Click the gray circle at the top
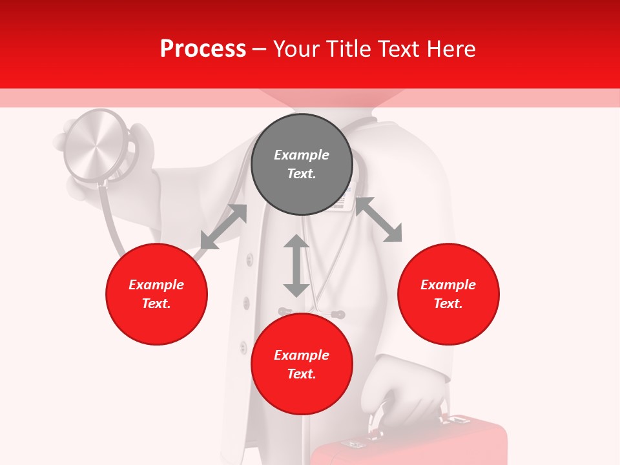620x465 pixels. [302, 165]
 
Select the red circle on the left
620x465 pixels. [156, 294]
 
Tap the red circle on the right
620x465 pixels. [448, 294]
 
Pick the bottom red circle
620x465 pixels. [302, 364]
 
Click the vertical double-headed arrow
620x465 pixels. [296, 265]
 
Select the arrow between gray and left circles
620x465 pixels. [223, 227]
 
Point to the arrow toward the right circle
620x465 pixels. [378, 220]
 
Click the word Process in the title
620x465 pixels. [203, 48]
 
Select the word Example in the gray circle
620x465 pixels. [302, 155]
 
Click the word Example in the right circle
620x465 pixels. [448, 285]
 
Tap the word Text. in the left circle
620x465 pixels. [156, 304]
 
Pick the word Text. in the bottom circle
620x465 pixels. [302, 374]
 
